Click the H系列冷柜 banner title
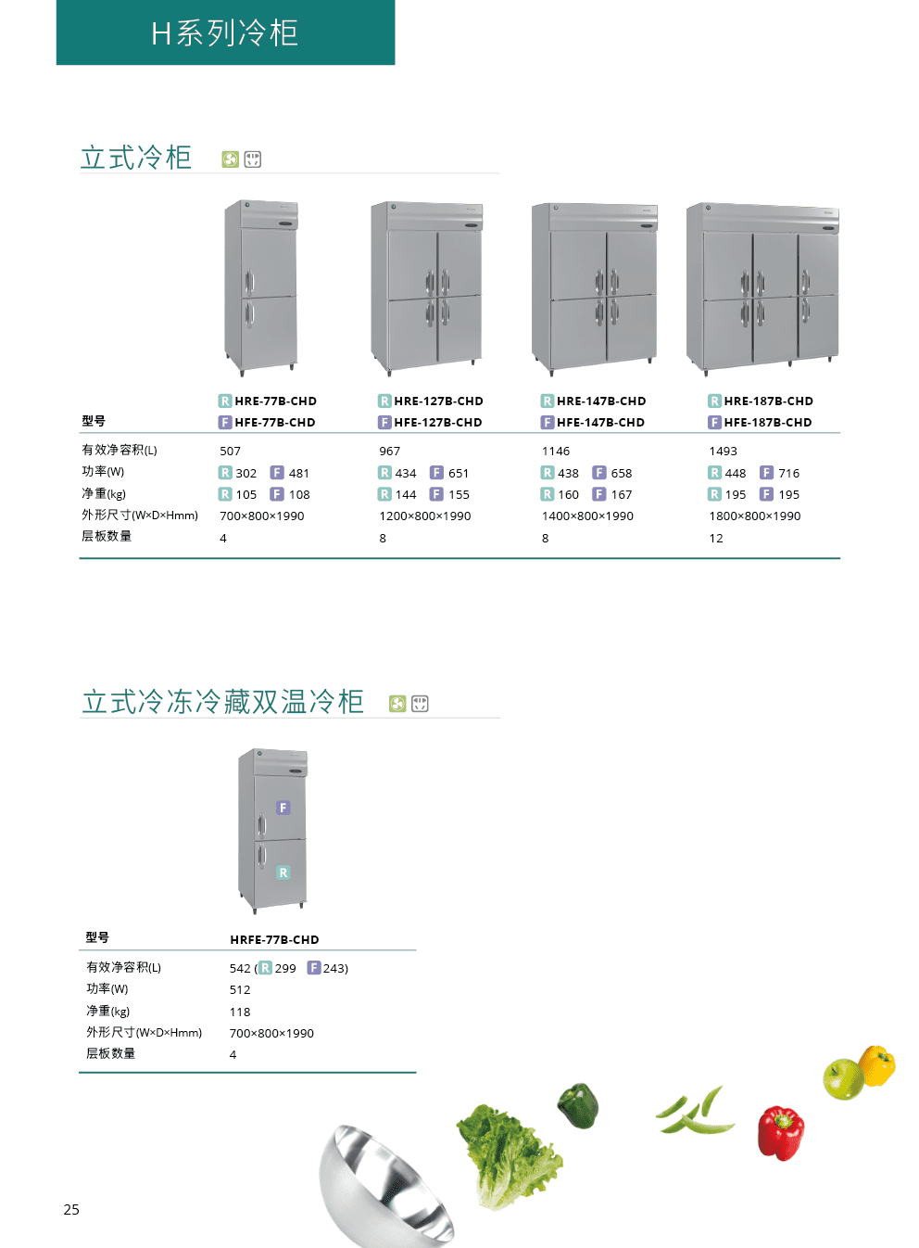coord(225,32)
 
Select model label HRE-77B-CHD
coord(275,401)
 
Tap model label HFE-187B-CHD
coord(768,422)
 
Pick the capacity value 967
coord(390,451)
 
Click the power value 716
coord(788,473)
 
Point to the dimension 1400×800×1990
coord(587,516)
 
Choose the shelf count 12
coord(716,538)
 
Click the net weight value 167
coord(622,495)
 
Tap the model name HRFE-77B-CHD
coord(274,940)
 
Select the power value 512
coord(240,990)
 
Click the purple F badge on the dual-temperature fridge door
coord(283,808)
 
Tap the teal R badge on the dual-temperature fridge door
coord(283,872)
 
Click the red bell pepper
coord(780,1134)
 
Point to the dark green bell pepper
coord(578,1106)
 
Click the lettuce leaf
coord(509,1156)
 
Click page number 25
coord(71,1210)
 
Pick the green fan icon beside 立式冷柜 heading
coord(231,159)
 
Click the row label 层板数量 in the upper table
coord(107,536)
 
